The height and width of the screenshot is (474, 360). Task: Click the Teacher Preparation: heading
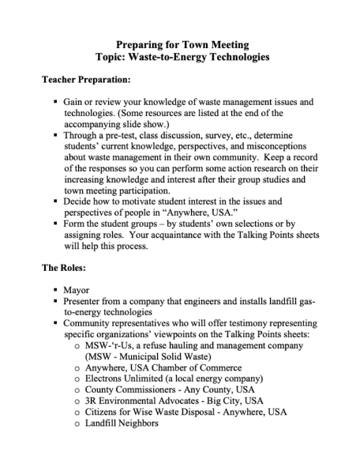point(86,81)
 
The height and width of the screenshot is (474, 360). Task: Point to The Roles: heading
point(66,268)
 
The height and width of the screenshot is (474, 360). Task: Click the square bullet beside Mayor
point(56,290)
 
